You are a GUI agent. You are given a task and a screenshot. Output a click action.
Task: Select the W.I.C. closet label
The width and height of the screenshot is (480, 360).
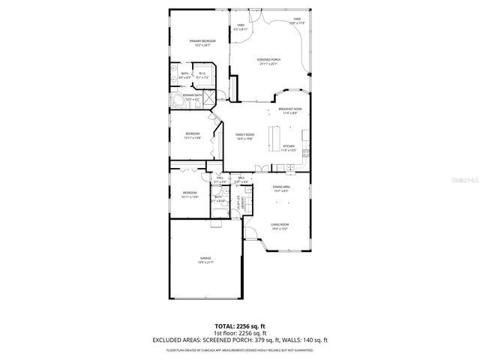pos(202,73)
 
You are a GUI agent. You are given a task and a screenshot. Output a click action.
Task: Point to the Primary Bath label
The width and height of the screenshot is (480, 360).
pos(192,95)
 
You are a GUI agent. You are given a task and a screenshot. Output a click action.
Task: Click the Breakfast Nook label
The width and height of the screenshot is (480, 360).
pos(289,109)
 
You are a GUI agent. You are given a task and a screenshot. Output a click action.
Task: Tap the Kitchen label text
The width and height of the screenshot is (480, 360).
pos(289,147)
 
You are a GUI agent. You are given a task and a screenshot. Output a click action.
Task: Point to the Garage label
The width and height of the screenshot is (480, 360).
pos(205,258)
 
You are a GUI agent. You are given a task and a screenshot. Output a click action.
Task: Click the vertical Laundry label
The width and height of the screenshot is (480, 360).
pos(240,203)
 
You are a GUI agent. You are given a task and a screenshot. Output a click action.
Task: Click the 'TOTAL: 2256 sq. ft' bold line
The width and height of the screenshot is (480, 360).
pos(239,326)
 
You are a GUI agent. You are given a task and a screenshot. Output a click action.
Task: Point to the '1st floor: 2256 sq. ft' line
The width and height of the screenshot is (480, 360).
pos(239,332)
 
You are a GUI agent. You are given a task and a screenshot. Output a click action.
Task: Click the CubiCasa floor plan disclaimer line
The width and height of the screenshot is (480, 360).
pos(239,349)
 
